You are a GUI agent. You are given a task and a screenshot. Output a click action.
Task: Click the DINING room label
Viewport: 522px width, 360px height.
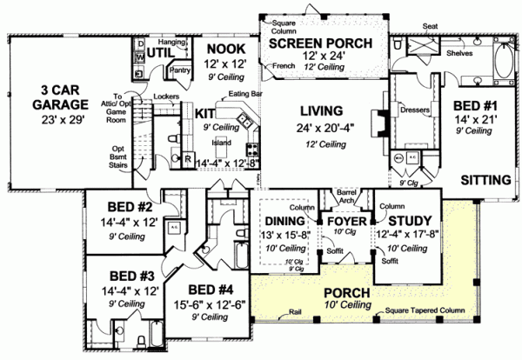[x=284, y=221]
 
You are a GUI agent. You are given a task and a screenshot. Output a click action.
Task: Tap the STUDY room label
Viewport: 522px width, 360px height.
[x=406, y=221]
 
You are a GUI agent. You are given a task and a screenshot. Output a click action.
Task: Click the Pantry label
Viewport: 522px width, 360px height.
[x=181, y=71]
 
